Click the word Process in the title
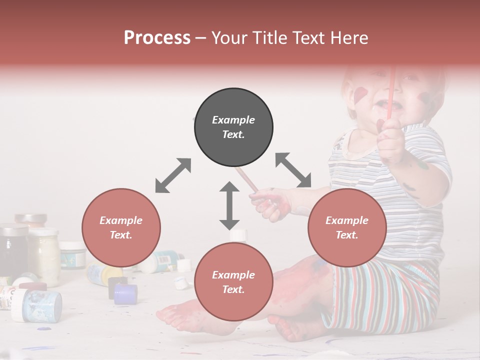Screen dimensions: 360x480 click(157, 38)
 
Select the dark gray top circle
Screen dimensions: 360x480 click(233, 127)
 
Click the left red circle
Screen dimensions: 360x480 click(121, 227)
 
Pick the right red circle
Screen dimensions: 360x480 click(347, 227)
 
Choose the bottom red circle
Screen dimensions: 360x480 click(233, 282)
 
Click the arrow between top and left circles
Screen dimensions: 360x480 click(173, 175)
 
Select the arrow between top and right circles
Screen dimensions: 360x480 click(293, 170)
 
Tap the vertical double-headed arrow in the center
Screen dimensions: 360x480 click(229, 205)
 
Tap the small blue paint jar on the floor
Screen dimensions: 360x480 click(125, 294)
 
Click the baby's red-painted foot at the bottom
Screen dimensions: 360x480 click(175, 315)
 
